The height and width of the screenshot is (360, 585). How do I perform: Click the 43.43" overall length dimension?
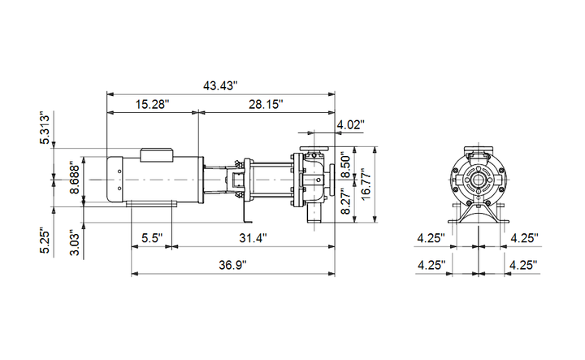point(220,85)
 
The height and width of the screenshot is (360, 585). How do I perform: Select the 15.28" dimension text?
point(152,104)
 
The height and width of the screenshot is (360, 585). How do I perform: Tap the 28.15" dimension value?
point(266,104)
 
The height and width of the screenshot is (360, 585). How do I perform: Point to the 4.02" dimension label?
point(351,124)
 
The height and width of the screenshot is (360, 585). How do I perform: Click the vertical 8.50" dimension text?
point(346,165)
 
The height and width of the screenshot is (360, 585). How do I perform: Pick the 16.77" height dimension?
point(366,184)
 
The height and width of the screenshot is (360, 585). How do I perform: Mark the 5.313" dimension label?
point(45,128)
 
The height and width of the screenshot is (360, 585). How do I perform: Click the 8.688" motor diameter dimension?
point(75,177)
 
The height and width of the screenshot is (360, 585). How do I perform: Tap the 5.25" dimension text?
point(45,241)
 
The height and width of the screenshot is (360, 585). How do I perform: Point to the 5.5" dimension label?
point(152,237)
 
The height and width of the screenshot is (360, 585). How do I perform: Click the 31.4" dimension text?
point(253,237)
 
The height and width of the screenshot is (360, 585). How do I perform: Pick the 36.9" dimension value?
point(233,265)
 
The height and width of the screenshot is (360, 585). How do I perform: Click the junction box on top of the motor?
point(157,155)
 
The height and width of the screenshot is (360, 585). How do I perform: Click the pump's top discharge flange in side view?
point(314,148)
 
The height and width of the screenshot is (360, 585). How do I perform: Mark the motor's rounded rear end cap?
point(115,179)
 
